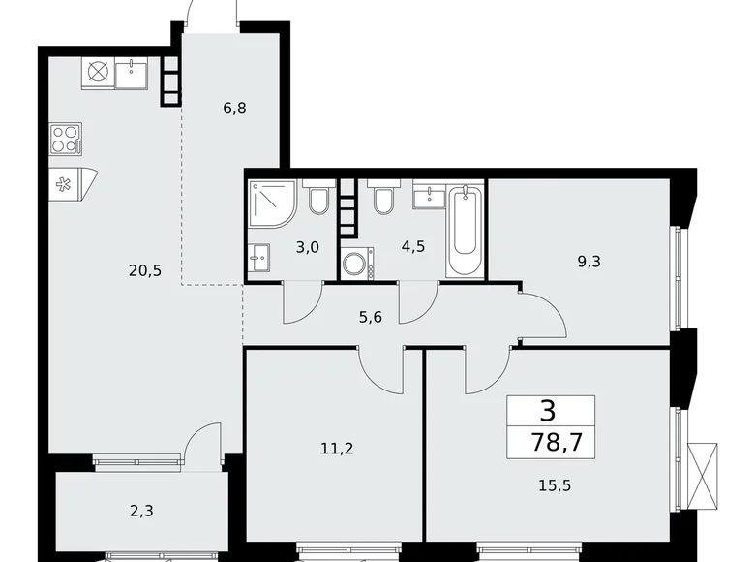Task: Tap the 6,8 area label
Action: [x=234, y=109]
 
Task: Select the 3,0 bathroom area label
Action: [x=308, y=247]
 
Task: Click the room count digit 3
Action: [x=548, y=411]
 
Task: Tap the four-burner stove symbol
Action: [x=65, y=139]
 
